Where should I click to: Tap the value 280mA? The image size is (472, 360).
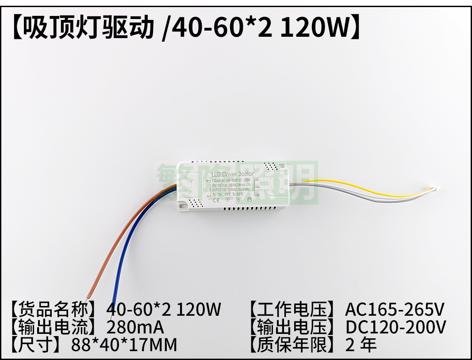135,327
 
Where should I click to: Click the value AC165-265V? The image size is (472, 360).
395,309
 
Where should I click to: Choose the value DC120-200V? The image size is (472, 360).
395,327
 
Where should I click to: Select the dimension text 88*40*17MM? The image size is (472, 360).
124,345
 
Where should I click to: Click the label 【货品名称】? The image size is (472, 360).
58,309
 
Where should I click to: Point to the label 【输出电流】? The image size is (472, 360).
58,327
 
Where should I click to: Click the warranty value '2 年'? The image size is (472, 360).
361,345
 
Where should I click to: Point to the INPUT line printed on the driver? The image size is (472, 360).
230,189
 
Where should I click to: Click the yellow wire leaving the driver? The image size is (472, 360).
354,183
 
